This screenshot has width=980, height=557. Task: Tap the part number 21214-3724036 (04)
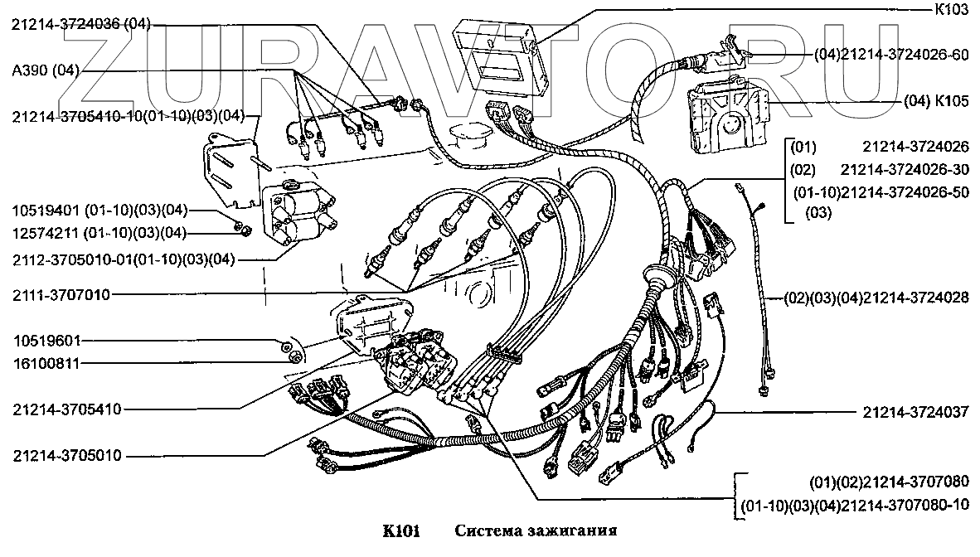tap(80, 25)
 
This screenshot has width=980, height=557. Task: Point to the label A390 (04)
tap(46, 70)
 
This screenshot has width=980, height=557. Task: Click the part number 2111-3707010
tap(61, 293)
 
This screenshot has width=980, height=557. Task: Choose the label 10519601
tap(46, 341)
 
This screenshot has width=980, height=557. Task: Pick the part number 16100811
tap(46, 362)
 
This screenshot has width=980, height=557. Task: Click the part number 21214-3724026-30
tap(904, 169)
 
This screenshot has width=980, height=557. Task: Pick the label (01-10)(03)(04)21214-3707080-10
tap(854, 505)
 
